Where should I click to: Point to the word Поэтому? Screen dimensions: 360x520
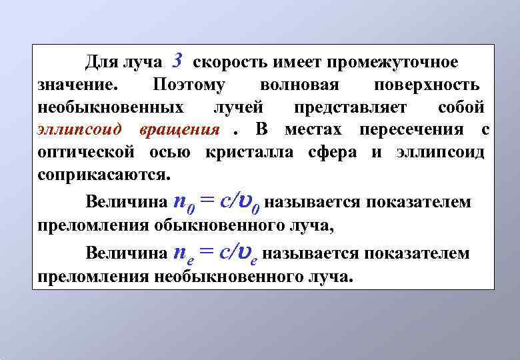pyautogui.click(x=189, y=85)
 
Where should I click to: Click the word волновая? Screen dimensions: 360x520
pyautogui.click(x=300, y=85)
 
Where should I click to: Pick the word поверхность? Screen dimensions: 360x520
pyautogui.click(x=426, y=85)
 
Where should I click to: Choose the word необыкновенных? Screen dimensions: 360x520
pyautogui.click(x=111, y=107)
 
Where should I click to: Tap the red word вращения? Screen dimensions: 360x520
pyautogui.click(x=180, y=129)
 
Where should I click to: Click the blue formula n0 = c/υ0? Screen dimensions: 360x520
pyautogui.click(x=216, y=200)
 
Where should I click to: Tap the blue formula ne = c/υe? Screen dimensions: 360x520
pyautogui.click(x=215, y=252)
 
